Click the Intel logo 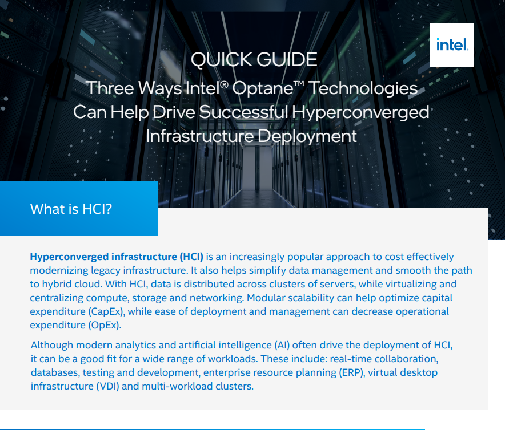click(452, 45)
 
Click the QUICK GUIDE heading click(254, 60)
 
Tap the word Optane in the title click(263, 88)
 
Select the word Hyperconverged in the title click(360, 112)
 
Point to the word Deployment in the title click(307, 136)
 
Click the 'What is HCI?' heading click(71, 209)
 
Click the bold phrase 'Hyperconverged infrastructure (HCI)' click(117, 257)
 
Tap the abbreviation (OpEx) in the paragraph click(105, 325)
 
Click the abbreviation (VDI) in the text click(107, 386)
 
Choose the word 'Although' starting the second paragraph click(52, 346)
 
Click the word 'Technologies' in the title click(363, 89)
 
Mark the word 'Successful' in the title click(243, 112)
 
